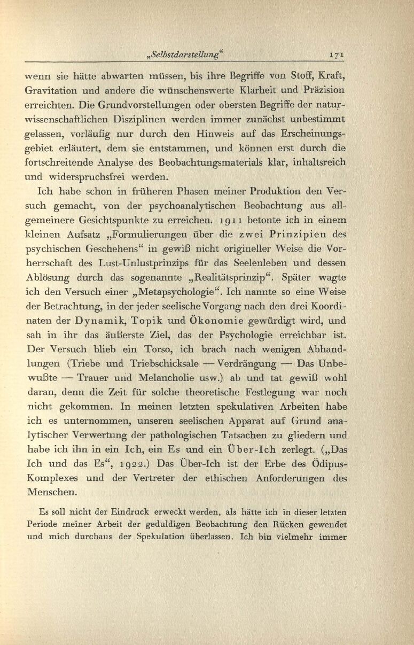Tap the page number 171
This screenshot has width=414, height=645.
tap(339, 55)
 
